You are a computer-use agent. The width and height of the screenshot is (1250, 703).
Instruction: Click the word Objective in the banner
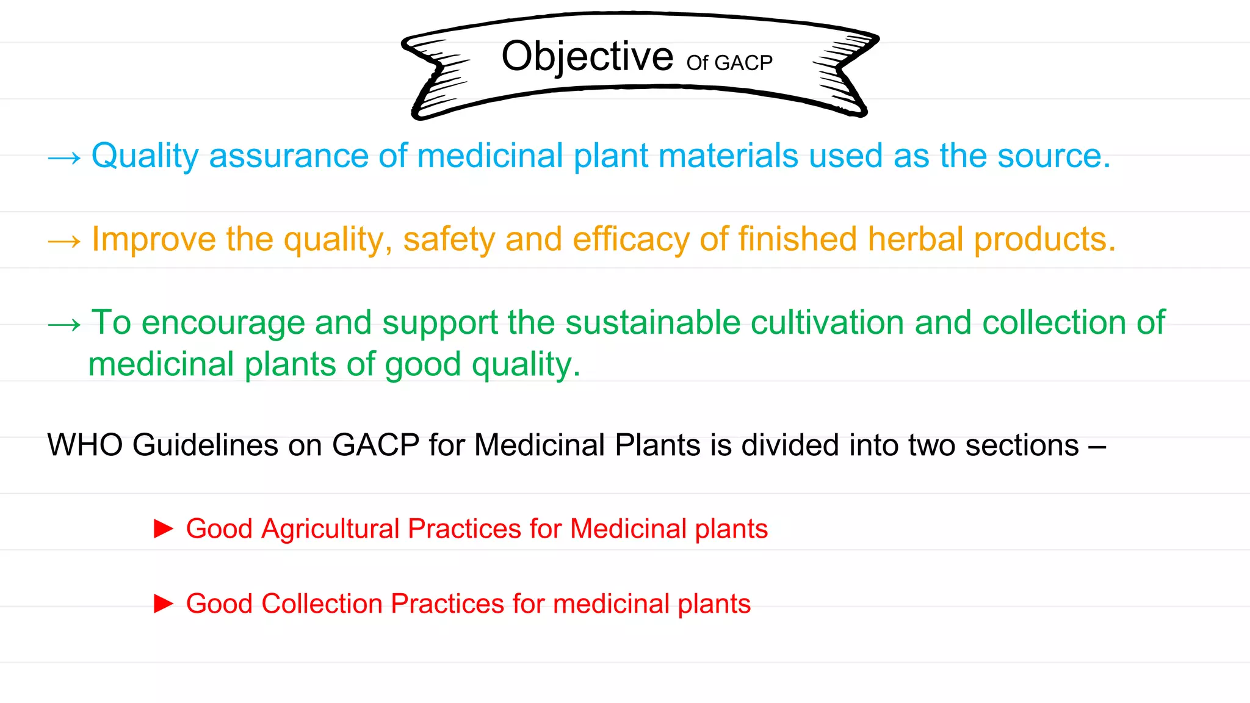tap(587, 57)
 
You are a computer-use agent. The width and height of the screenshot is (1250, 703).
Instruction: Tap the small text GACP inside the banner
tap(743, 63)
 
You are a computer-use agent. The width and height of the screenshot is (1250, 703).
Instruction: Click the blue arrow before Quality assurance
tap(64, 158)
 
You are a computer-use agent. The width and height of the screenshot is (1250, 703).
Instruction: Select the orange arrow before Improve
tap(64, 241)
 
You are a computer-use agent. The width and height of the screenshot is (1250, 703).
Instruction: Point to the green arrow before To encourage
tap(64, 325)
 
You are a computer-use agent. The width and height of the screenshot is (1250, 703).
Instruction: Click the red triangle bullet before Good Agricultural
tap(163, 528)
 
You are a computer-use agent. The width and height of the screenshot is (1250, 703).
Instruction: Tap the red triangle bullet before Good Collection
tap(163, 604)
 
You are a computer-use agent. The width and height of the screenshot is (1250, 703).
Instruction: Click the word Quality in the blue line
tap(144, 156)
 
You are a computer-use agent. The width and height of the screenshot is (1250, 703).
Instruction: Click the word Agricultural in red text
tap(330, 529)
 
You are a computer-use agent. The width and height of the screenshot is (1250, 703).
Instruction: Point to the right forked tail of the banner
tap(845, 76)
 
